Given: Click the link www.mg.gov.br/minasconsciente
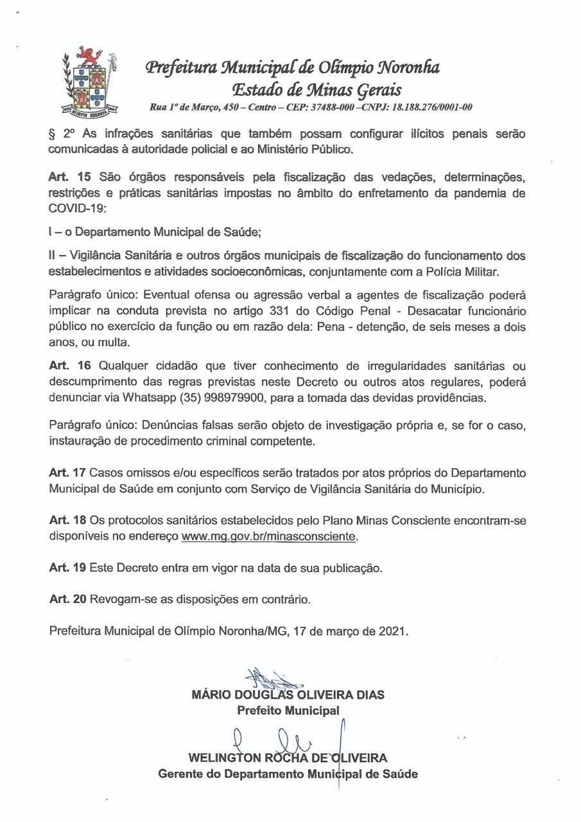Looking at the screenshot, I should coord(268,535).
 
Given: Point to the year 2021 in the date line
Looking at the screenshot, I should coord(393,631).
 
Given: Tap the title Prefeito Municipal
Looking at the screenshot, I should coord(288,711).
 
